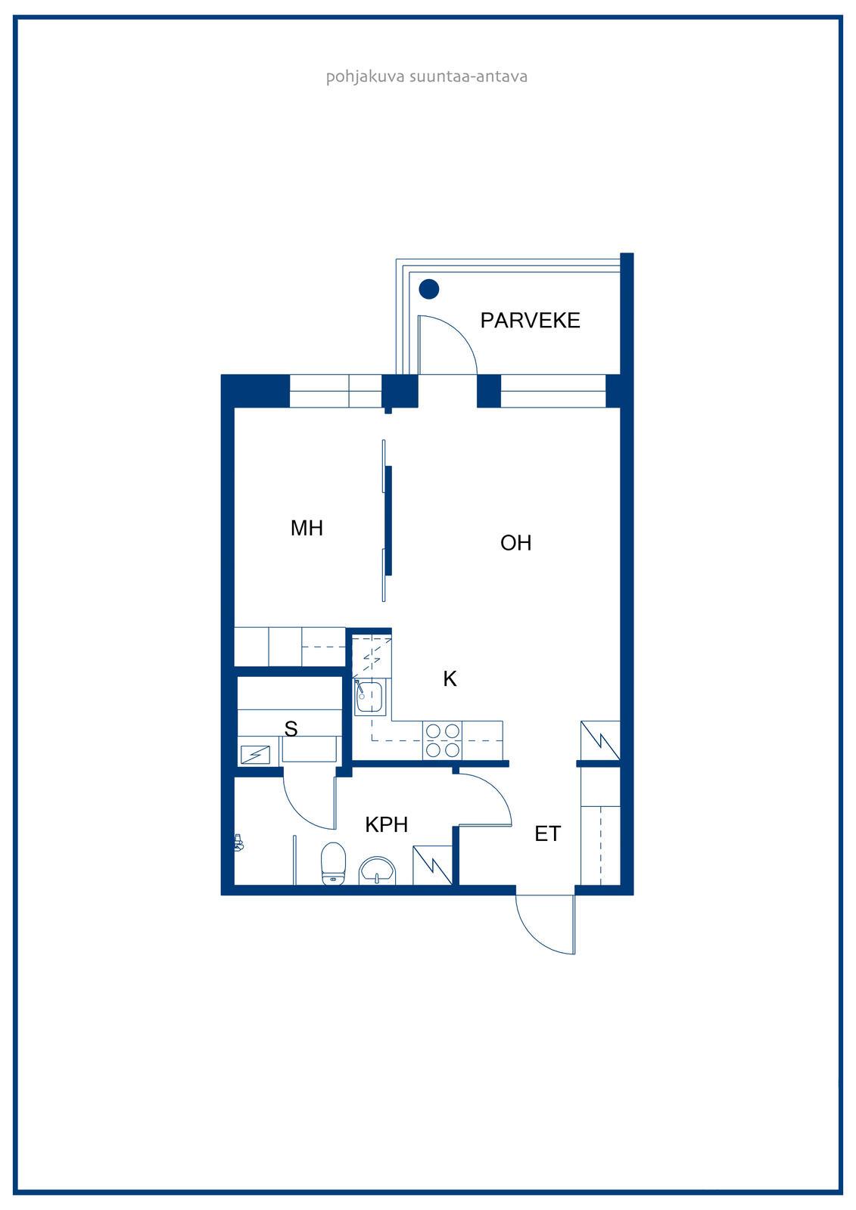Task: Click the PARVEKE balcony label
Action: coord(530,321)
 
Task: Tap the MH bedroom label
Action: coord(307,528)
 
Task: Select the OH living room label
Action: coord(516,543)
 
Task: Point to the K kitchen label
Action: coord(450,678)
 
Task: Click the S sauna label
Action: coord(291,729)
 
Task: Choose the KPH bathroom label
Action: coord(386,825)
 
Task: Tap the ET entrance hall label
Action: coord(547,834)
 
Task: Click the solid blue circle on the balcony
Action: coord(429,289)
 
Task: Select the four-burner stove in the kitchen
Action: coord(443,740)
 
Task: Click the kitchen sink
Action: coord(370,697)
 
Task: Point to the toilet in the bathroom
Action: coord(333,863)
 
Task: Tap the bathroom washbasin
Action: coord(378,870)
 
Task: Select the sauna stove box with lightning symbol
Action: coord(255,754)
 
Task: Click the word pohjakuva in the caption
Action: coord(365,76)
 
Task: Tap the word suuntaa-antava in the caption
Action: coord(468,76)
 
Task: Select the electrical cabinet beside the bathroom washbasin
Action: coord(432,865)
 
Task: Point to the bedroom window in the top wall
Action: coord(336,391)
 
